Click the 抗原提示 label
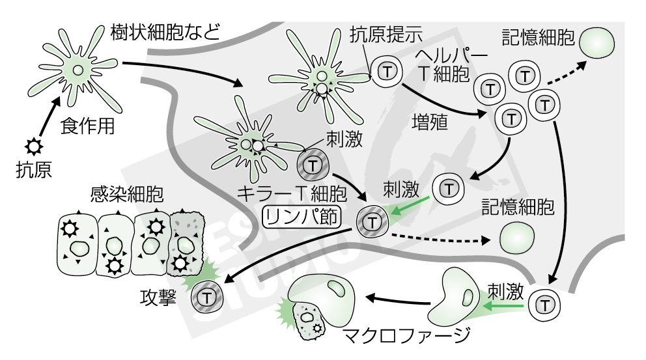pyautogui.click(x=387, y=33)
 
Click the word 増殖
pyautogui.click(x=430, y=123)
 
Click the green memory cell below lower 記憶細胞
pyautogui.click(x=517, y=236)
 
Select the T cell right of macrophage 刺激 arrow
pyautogui.click(x=544, y=305)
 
